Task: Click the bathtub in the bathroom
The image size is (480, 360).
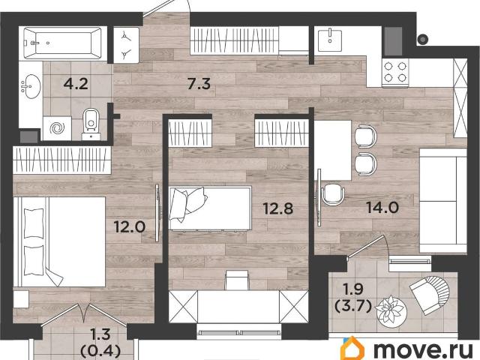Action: (63, 43)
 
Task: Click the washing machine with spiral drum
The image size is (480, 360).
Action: (56, 127)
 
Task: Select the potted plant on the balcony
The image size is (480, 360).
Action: (389, 308)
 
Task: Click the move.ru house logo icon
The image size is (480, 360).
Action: (353, 348)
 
